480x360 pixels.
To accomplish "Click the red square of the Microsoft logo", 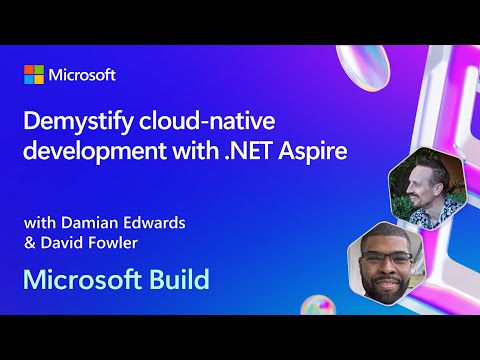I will pyautogui.click(x=29, y=70).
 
